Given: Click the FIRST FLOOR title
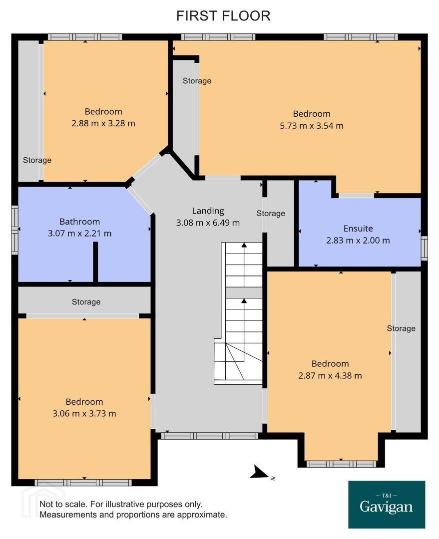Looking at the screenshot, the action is [223, 16].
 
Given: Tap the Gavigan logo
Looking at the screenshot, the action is [387, 504].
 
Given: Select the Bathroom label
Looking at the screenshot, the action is [80, 222].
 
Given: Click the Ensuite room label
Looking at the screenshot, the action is [358, 229].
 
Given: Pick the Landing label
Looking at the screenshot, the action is [208, 211].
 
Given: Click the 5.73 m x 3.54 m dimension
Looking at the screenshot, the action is [312, 126].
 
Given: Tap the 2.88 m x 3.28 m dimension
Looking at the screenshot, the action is [103, 123].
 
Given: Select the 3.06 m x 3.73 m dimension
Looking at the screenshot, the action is [84, 414].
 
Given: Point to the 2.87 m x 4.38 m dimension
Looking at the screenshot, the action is [330, 376].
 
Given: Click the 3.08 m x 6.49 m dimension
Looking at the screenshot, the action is [208, 223].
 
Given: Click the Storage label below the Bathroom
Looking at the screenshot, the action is [86, 302].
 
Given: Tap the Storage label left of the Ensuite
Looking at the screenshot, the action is [271, 213].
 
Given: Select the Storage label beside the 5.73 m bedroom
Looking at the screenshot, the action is [197, 81].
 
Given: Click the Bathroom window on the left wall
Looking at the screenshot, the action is [15, 230].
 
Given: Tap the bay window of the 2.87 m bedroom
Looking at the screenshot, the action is [341, 464].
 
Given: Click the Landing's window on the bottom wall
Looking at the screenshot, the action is [210, 436].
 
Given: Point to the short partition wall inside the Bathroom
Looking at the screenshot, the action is [96, 263].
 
